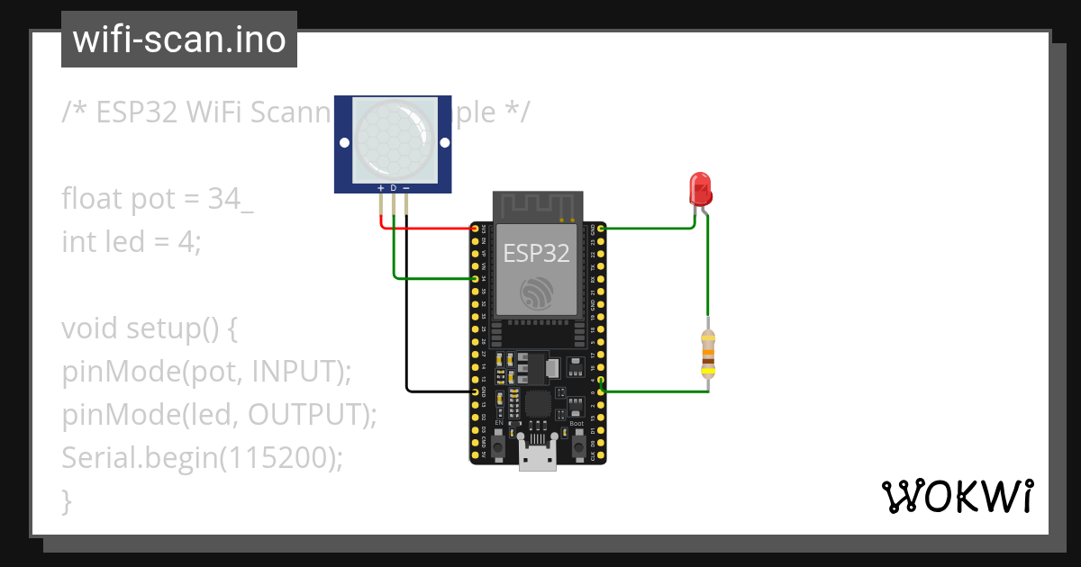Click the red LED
pos(700,189)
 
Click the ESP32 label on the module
pos(536,253)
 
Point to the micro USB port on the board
pos(538,458)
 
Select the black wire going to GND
pos(407,342)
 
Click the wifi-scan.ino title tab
pos(179,40)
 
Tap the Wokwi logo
pos(956,496)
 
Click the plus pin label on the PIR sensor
pos(381,188)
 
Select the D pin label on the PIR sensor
pos(394,188)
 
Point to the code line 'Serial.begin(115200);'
pos(203,457)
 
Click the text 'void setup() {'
pos(150,328)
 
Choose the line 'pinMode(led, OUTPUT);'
pos(219,414)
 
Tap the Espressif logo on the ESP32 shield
pos(537,293)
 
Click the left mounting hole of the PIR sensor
pos(343,142)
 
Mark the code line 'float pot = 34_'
pos(158,198)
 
